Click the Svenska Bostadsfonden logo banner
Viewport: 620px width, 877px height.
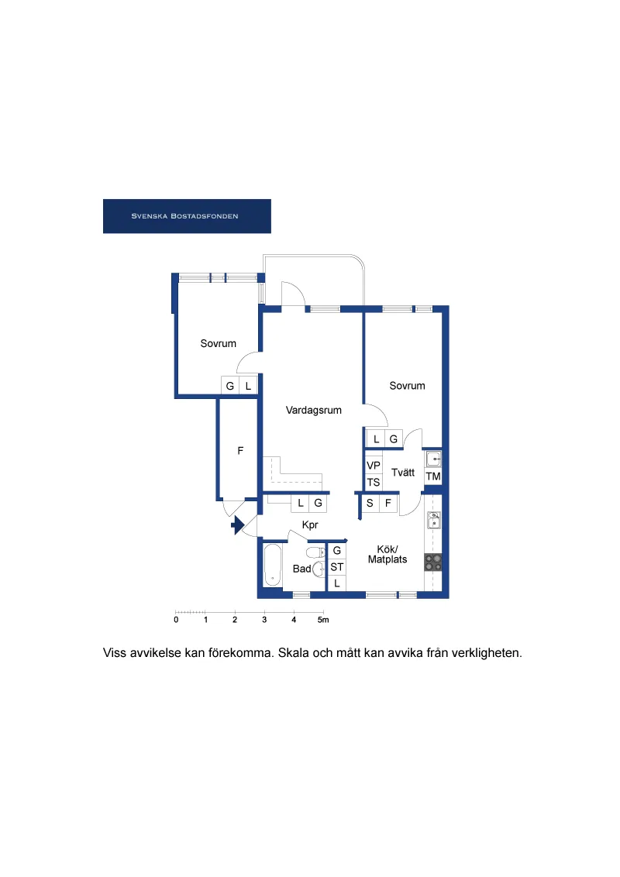pos(187,216)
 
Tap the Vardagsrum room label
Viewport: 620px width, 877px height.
pos(313,411)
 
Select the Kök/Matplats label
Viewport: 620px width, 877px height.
pos(387,554)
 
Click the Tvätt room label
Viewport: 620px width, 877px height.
pos(403,473)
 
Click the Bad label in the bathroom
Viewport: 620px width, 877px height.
pos(301,569)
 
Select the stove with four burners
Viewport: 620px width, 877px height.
pos(433,562)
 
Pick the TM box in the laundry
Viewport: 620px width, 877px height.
pos(433,476)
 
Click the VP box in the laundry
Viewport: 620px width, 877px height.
pos(374,466)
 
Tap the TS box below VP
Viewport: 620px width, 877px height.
pos(374,482)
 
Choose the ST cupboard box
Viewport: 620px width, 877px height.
pos(337,566)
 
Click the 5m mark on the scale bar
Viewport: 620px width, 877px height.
pos(323,620)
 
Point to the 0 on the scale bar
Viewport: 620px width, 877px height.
pos(176,620)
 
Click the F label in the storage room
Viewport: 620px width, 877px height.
pos(240,450)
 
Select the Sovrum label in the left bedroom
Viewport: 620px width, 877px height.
pos(218,344)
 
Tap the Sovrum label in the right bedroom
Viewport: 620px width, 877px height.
pos(407,386)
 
